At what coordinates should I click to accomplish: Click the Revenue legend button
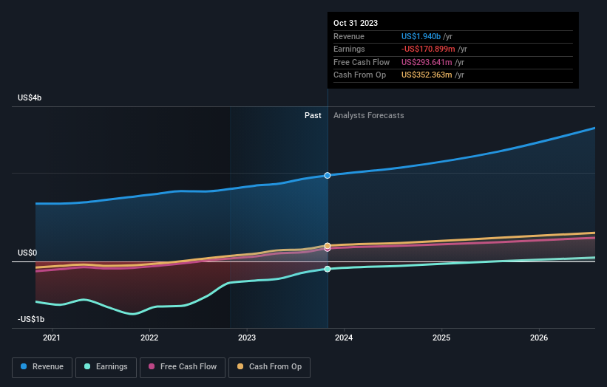[x=42, y=366]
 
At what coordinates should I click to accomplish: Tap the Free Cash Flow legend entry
[x=183, y=366]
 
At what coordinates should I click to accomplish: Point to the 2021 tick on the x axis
[x=52, y=338]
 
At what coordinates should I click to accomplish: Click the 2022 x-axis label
[x=149, y=338]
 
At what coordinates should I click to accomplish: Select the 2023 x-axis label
[x=247, y=338]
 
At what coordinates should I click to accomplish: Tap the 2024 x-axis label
[x=344, y=338]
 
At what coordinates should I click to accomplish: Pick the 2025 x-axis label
[x=441, y=338]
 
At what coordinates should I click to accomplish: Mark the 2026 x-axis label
[x=539, y=338]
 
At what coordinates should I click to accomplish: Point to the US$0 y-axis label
[x=27, y=253]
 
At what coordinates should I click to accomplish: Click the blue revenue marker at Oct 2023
[x=327, y=175]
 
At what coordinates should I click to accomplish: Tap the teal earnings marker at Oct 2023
[x=327, y=269]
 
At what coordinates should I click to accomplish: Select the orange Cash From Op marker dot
[x=327, y=245]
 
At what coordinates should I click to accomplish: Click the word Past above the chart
[x=313, y=115]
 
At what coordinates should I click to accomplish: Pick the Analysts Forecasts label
[x=369, y=115]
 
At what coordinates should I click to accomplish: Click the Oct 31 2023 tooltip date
[x=356, y=23]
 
